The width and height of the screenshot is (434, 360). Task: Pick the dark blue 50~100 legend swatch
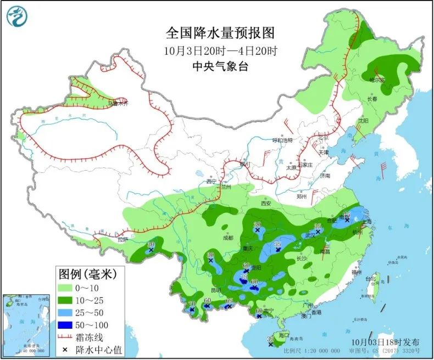pyautogui.click(x=68, y=325)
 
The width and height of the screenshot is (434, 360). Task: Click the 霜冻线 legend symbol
pyautogui.click(x=68, y=337)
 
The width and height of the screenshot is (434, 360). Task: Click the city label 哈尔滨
pyautogui.click(x=377, y=80)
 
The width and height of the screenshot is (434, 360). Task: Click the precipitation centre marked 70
pyautogui.click(x=192, y=310)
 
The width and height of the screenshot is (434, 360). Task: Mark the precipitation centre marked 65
pyautogui.click(x=229, y=306)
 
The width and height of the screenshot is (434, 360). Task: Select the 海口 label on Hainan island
pyautogui.click(x=283, y=334)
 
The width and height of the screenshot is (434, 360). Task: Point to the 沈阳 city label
pyautogui.click(x=363, y=121)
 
